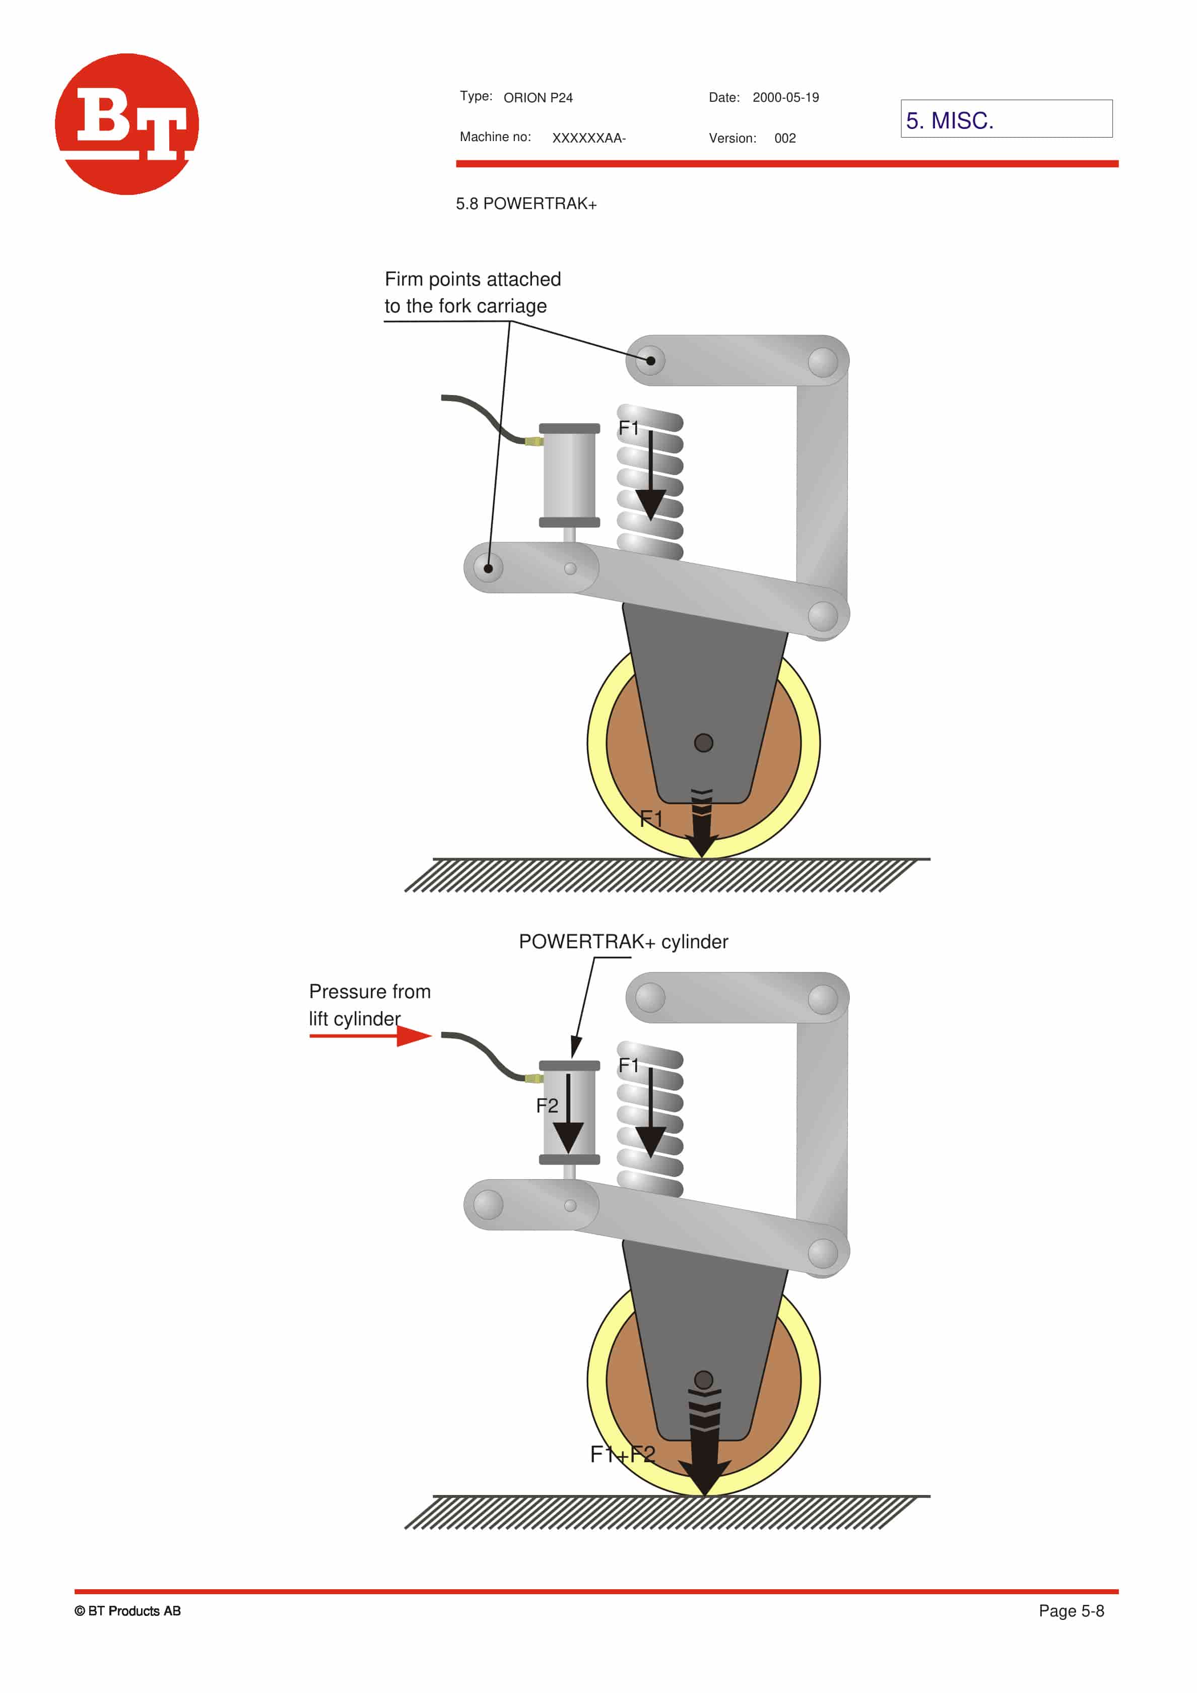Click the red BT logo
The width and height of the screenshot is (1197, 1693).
tap(127, 124)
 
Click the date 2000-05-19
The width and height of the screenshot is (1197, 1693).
tap(786, 97)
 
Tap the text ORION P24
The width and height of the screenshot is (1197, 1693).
tap(538, 97)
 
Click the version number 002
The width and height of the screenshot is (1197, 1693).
tap(785, 138)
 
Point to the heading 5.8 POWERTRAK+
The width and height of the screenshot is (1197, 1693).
tap(526, 204)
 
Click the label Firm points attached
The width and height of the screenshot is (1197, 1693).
tap(473, 280)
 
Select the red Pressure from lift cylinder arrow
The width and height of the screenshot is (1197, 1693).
tap(370, 1036)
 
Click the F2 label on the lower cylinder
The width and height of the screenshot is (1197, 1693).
tap(547, 1105)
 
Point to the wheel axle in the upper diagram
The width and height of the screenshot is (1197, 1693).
tap(704, 743)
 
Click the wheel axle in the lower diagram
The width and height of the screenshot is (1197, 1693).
tap(704, 1380)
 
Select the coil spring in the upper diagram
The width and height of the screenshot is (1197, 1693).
tap(650, 481)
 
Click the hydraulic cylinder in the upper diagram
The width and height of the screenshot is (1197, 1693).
tap(569, 476)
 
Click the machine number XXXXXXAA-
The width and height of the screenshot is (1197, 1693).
tap(589, 138)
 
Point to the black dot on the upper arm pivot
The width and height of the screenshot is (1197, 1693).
tap(651, 361)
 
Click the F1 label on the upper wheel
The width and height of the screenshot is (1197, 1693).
tap(651, 818)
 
